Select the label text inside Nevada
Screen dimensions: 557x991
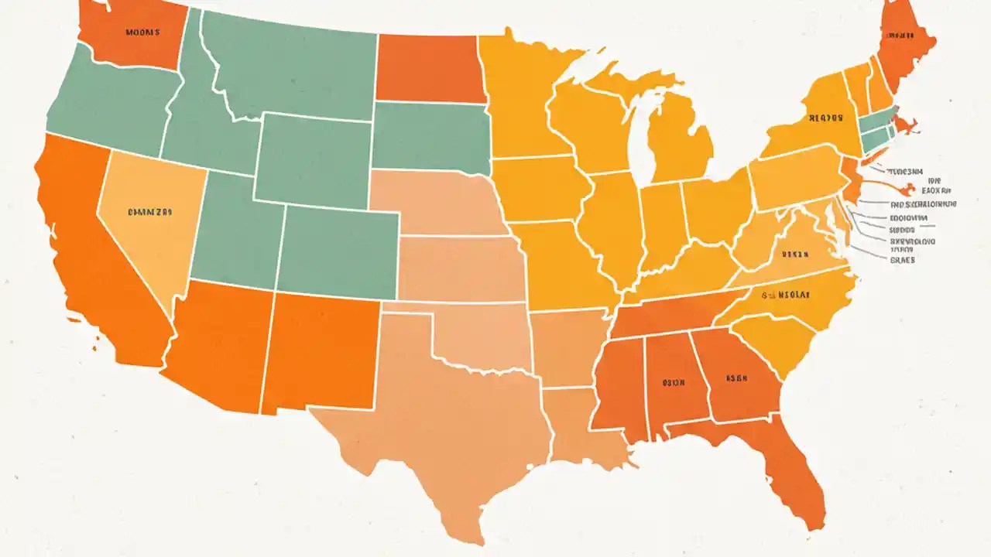(149, 210)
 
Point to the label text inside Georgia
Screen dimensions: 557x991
(736, 379)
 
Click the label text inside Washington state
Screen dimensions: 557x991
(142, 32)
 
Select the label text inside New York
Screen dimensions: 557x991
(825, 118)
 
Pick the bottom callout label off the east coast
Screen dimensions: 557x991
(902, 261)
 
